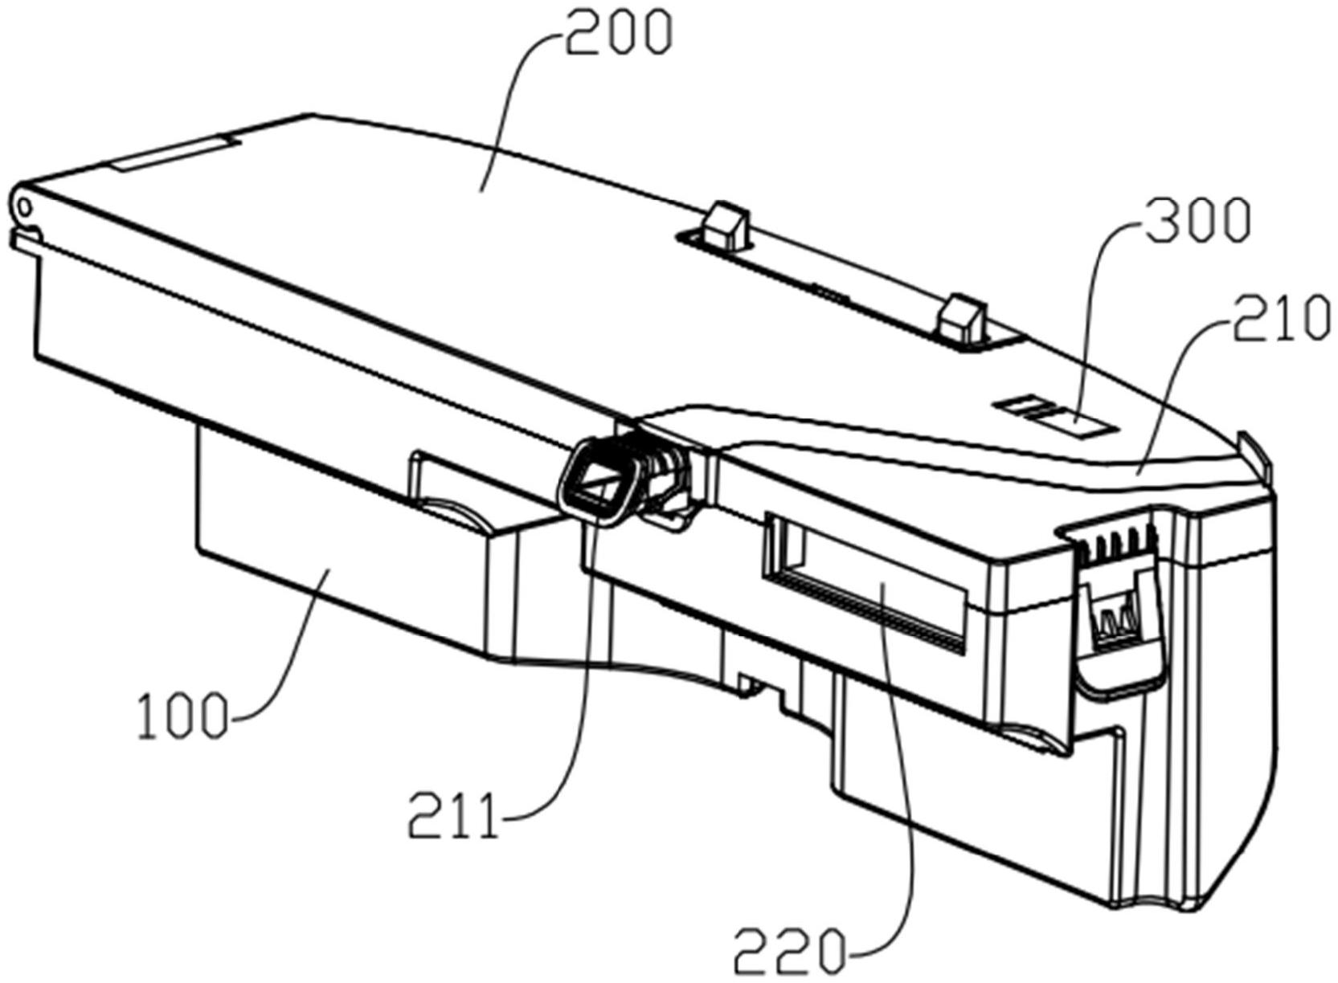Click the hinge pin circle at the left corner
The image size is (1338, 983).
[24, 207]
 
